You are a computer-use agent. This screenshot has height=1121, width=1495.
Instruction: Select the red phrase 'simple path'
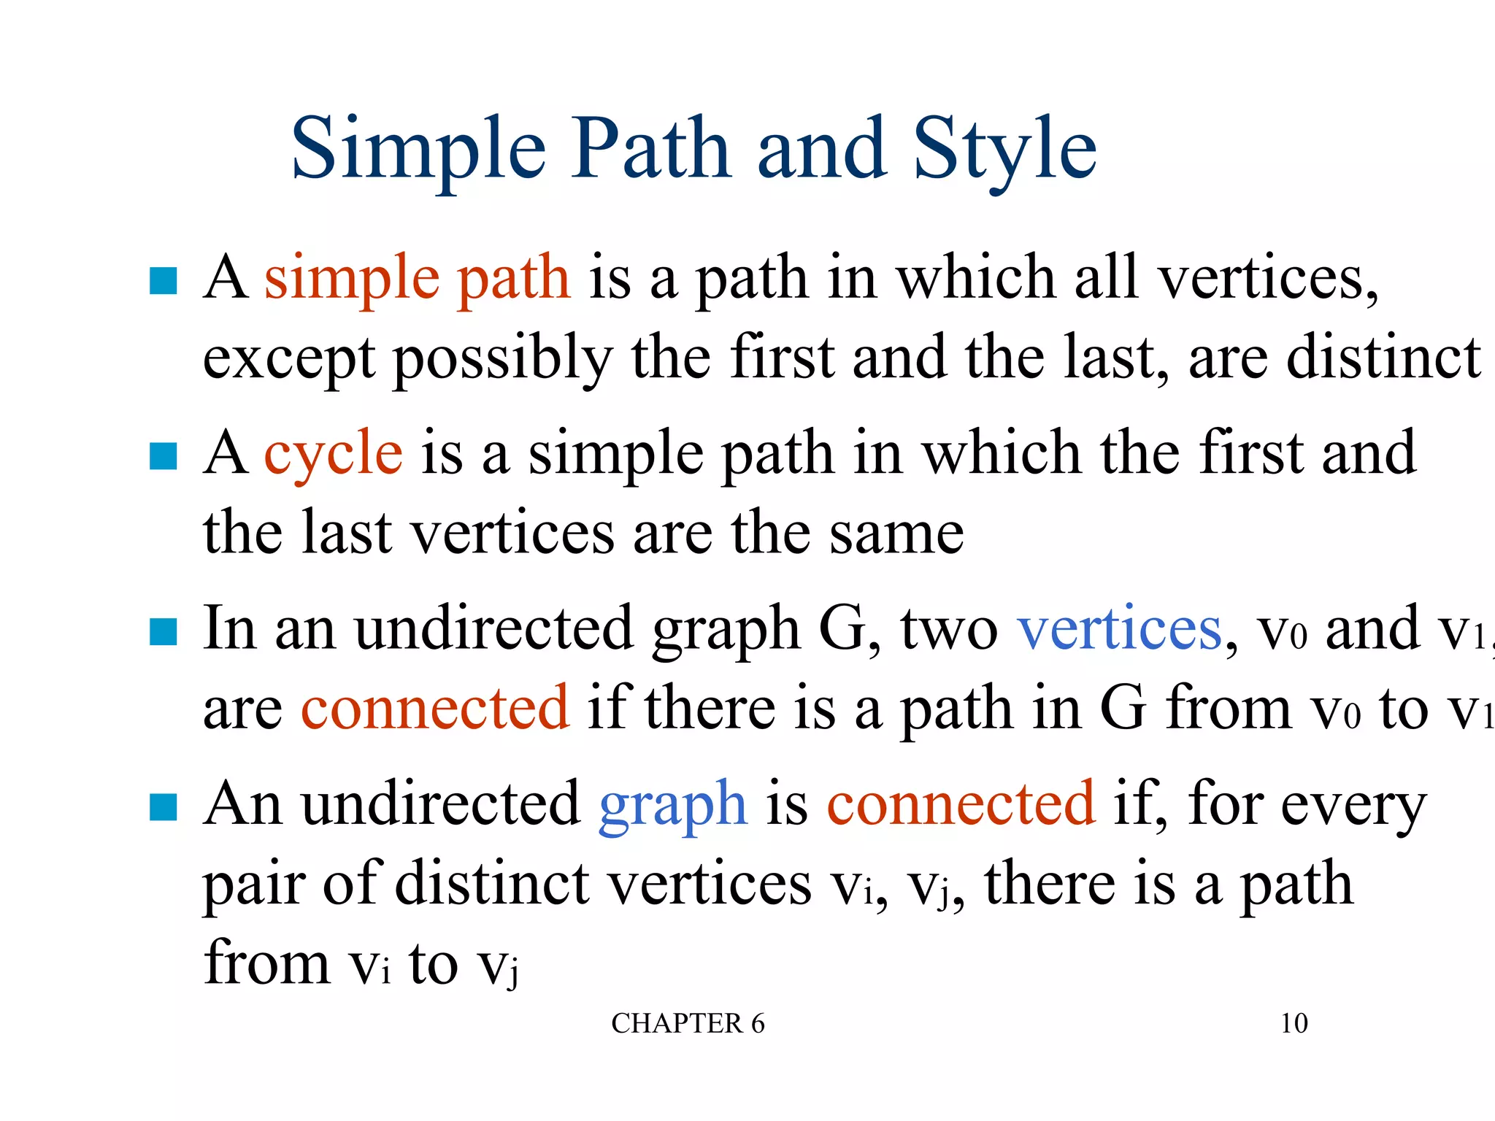click(417, 279)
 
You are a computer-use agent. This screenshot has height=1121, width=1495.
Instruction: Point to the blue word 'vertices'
click(1119, 629)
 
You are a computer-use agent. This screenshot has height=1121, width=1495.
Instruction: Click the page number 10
click(1294, 1023)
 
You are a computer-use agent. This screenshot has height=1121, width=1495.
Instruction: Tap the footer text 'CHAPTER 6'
click(688, 1023)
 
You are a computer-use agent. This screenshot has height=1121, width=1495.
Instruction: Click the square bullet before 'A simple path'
click(163, 281)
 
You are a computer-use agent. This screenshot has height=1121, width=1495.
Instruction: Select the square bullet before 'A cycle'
click(163, 456)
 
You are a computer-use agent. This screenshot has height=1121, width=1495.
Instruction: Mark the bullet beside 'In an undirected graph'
click(163, 632)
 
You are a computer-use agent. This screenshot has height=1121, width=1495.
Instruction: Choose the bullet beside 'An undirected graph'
click(163, 807)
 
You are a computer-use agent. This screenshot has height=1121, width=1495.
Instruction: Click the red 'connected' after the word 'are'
click(434, 708)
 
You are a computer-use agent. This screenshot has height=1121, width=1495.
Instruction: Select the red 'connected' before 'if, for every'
click(960, 804)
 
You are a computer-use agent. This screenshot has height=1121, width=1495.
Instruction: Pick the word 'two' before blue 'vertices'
click(948, 629)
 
